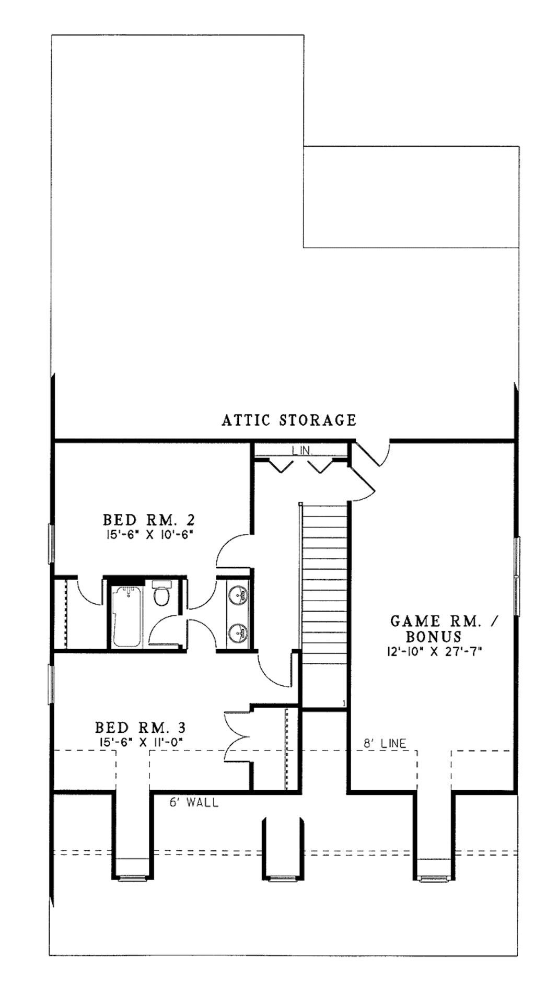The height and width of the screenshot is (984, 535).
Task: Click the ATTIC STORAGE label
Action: tap(289, 420)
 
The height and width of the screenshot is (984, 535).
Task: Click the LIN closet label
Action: tap(301, 450)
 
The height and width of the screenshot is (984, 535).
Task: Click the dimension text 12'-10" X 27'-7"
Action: tap(435, 651)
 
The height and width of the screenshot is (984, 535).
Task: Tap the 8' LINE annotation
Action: tap(385, 743)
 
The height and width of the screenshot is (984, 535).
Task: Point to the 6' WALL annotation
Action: tap(194, 802)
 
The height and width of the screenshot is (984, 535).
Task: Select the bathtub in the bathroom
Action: tap(126, 616)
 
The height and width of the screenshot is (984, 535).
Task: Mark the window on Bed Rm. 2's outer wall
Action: tap(51, 544)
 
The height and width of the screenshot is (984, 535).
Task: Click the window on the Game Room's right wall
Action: tap(516, 576)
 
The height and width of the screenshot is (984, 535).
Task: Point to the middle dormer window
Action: tap(281, 879)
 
